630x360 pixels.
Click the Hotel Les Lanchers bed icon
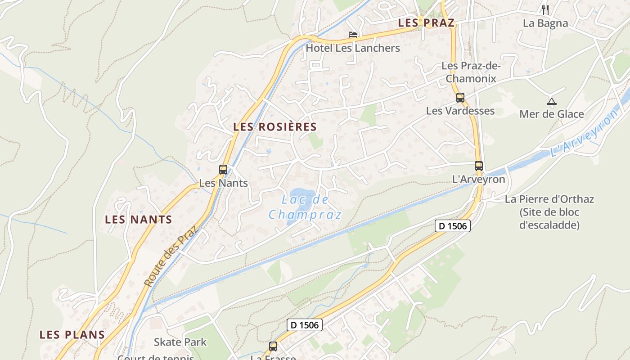point(353,35)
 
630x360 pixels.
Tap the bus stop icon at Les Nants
point(223,170)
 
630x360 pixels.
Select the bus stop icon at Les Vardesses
point(460,97)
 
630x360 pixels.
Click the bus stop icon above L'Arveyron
point(478,166)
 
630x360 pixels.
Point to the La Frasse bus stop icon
point(273,346)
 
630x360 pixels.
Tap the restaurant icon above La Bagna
point(545,9)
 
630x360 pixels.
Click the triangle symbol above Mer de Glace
point(551,101)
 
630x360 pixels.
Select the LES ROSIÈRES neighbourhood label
point(275,127)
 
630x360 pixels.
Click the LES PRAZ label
point(426,23)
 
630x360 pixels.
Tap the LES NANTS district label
point(138,220)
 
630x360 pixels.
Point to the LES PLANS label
point(72,335)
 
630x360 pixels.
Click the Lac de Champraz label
point(305,207)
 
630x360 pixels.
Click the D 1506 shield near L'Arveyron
point(453,226)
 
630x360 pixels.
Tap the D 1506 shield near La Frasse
point(305,325)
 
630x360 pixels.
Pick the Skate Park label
point(180,342)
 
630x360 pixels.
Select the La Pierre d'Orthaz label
point(549,212)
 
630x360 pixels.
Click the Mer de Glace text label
point(552,114)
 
